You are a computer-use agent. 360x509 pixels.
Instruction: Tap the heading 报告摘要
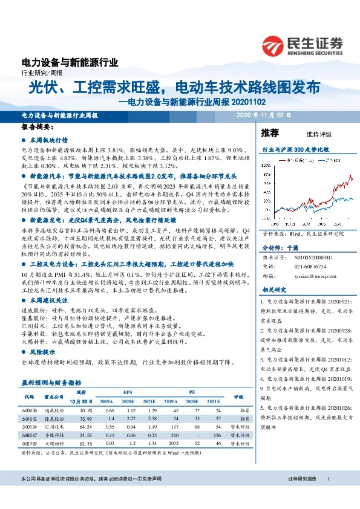[x=37, y=128]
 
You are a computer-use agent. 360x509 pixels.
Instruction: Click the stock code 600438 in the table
[x=30, y=410]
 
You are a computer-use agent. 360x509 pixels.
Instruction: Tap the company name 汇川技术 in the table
[x=54, y=426]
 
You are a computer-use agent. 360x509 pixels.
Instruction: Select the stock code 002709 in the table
[x=30, y=443]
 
